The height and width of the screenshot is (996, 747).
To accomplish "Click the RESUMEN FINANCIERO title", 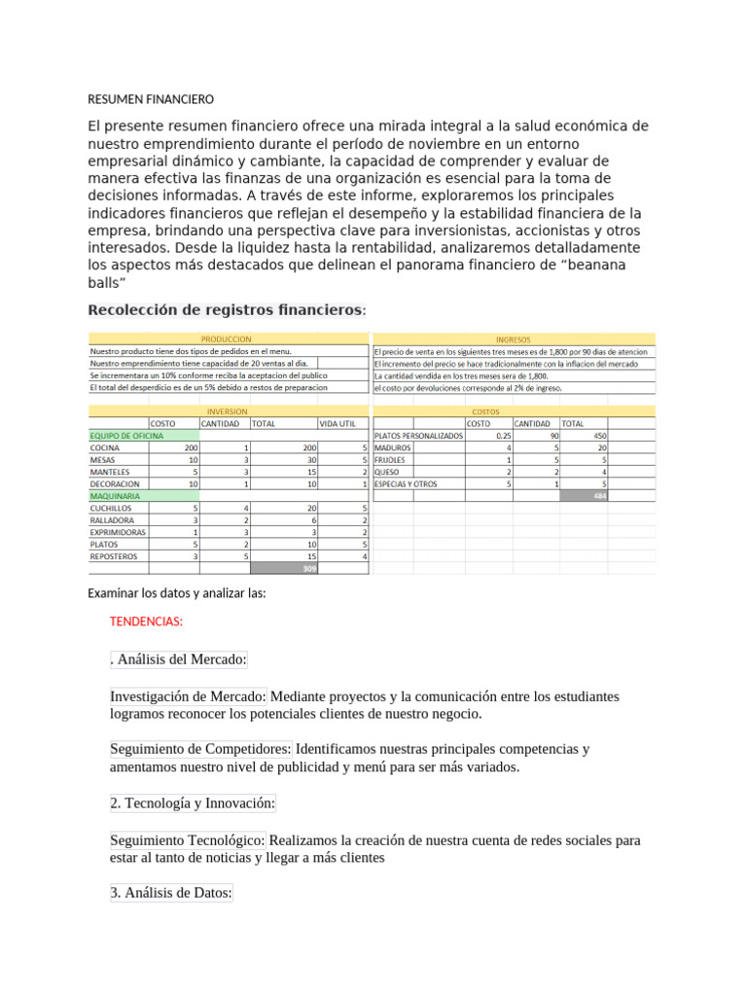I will (x=150, y=99).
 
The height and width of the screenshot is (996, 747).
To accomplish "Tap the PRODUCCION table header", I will (x=226, y=339).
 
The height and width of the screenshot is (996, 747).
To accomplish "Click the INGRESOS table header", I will (x=513, y=339).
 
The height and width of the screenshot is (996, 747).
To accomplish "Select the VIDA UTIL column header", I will (x=342, y=424).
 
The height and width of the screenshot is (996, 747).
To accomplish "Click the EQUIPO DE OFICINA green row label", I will (x=126, y=436).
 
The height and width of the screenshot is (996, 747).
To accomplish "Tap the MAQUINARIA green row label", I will (x=115, y=496).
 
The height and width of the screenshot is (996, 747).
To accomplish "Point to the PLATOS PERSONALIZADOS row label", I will (x=417, y=436).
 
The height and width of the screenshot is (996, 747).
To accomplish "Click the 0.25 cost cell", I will (x=504, y=436).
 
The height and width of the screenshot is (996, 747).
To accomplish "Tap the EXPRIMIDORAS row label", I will (x=119, y=532).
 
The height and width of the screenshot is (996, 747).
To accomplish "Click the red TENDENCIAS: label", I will (x=148, y=621).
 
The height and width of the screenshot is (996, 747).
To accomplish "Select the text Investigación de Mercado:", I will (x=189, y=696).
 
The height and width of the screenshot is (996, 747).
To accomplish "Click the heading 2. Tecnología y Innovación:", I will (x=194, y=802).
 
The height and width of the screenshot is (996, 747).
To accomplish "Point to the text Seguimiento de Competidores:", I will (x=200, y=749).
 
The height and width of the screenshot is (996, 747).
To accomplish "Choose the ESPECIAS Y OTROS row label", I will (x=406, y=483).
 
